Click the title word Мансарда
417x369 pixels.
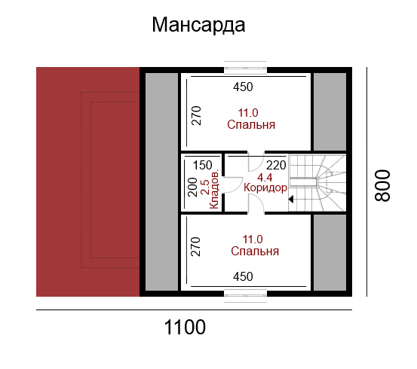tap(198, 25)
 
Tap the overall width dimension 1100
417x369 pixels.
tap(185, 327)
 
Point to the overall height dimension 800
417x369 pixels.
tap(382, 185)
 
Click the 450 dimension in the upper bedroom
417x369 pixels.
tap(243, 87)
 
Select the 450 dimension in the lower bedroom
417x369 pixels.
tap(243, 276)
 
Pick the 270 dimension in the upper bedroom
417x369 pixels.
tap(197, 115)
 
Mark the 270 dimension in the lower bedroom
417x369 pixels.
tap(195, 246)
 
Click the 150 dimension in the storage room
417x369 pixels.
tap(202, 165)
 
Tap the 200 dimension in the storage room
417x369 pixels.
tap(192, 187)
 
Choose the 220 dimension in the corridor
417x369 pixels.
tap(276, 165)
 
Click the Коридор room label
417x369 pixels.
tap(265, 188)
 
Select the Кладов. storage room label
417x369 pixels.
tap(214, 188)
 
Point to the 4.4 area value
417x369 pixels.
tap(265, 178)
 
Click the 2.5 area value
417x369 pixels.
tap(206, 187)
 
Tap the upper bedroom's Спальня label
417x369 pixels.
tap(251, 125)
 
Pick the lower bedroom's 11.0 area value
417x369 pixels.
tap(253, 239)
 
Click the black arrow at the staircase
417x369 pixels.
tap(291, 199)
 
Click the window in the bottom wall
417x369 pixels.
tap(245, 295)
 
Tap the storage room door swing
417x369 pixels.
tap(233, 184)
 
